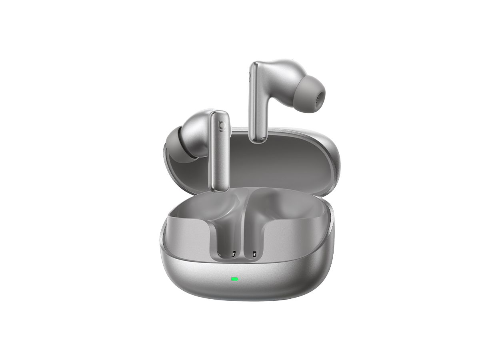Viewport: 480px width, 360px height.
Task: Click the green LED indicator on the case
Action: pyautogui.click(x=234, y=279)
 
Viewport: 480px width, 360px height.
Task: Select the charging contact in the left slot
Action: pyautogui.click(x=233, y=254)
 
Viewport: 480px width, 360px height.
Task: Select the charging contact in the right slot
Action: pyautogui.click(x=254, y=254)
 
